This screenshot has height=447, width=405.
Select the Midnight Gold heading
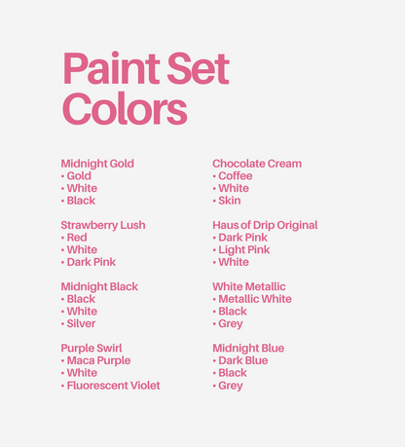pyautogui.click(x=97, y=164)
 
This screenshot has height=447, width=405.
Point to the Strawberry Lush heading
pyautogui.click(x=103, y=225)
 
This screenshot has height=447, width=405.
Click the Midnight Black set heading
pyautogui.click(x=99, y=286)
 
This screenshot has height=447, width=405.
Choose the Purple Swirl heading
pyautogui.click(x=92, y=348)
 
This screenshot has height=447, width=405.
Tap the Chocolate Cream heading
pyautogui.click(x=257, y=164)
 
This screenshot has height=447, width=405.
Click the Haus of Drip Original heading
pyautogui.click(x=265, y=225)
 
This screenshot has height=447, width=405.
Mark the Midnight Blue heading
pyautogui.click(x=248, y=348)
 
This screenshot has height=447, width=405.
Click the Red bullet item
pyautogui.click(x=76, y=238)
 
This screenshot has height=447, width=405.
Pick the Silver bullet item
pyautogui.click(x=81, y=323)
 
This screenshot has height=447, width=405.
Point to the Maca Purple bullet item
pyautogui.click(x=97, y=360)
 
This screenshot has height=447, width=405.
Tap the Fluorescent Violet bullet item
pyautogui.click(x=113, y=386)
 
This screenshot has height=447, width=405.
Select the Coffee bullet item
pyautogui.click(x=235, y=176)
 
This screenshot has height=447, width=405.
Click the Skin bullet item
pyautogui.click(x=229, y=201)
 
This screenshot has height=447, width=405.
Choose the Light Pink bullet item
pyautogui.click(x=243, y=250)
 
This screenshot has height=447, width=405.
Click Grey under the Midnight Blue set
pyautogui.click(x=231, y=386)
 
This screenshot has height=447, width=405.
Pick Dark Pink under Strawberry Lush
pyautogui.click(x=91, y=262)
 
